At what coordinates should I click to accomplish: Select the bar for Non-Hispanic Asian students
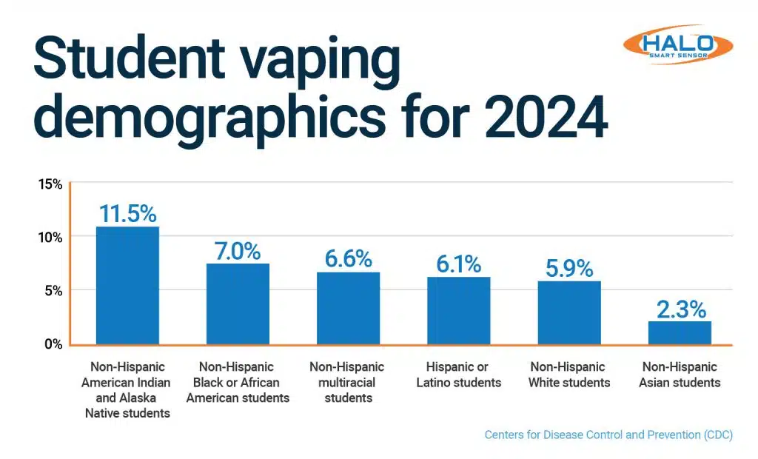coord(680,332)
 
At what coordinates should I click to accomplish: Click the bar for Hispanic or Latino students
coord(458,310)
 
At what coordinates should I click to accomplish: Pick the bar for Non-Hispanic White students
coord(569,312)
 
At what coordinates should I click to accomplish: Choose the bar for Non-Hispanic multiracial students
coord(348,308)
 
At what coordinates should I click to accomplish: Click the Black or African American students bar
coord(238,304)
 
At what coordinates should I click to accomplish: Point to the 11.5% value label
coord(127,214)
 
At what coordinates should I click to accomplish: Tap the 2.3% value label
coord(680,309)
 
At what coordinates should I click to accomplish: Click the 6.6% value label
coord(348,259)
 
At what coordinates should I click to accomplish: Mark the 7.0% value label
coord(238,251)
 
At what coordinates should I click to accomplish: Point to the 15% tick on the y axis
coord(50,184)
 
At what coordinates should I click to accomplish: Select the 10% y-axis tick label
coord(50,237)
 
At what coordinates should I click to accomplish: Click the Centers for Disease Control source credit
coord(608,435)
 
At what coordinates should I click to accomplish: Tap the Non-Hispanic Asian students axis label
coord(680,375)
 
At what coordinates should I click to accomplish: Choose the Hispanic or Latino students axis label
coord(458,375)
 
